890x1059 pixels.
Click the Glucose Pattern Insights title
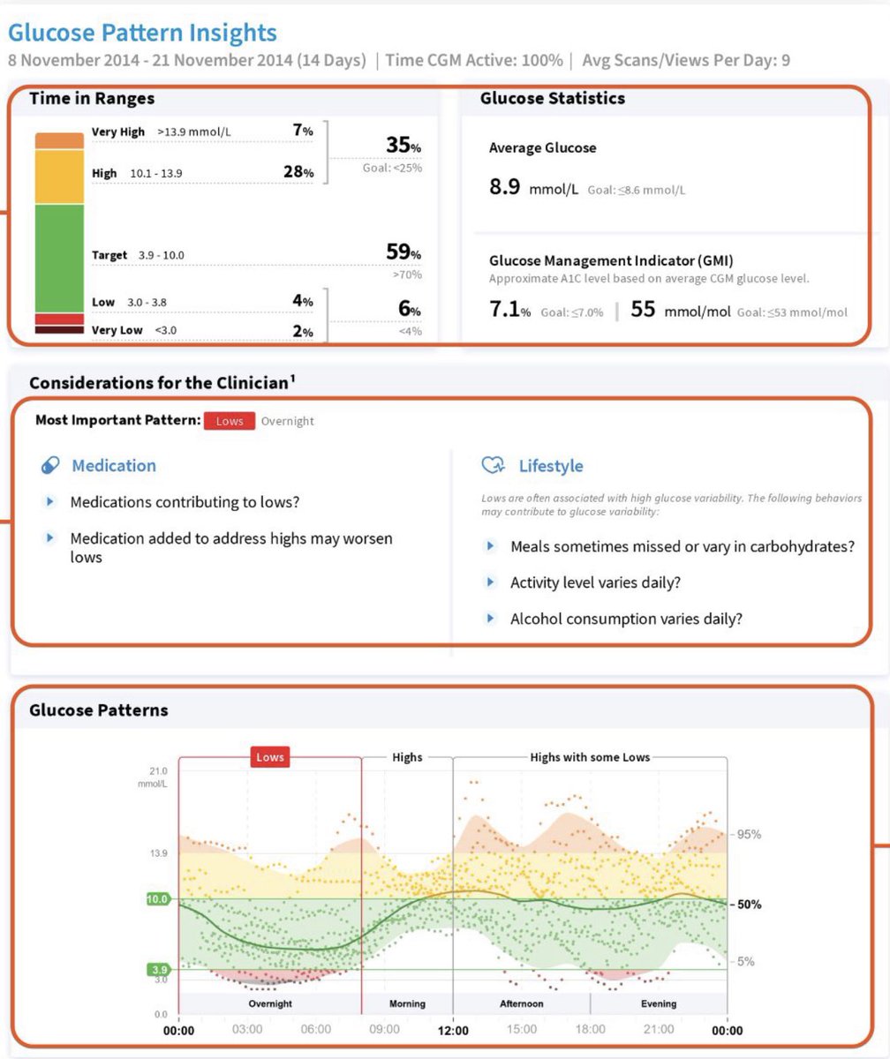(142, 34)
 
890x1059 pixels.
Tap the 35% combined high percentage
(403, 146)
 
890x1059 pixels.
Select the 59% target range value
(403, 252)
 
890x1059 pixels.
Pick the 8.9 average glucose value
(504, 187)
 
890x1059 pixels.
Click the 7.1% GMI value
(509, 311)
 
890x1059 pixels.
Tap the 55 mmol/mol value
(643, 311)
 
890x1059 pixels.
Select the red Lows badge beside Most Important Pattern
(230, 421)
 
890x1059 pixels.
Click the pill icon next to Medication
(50, 465)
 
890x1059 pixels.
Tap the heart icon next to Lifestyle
(493, 465)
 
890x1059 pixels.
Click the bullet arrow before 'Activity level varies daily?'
(491, 582)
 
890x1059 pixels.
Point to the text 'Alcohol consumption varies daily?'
(626, 619)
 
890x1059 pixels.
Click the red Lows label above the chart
(270, 757)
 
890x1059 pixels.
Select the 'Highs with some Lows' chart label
(589, 757)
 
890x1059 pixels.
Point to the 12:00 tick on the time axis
(452, 1030)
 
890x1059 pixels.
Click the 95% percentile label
(750, 835)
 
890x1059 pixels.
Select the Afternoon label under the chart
(521, 1003)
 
